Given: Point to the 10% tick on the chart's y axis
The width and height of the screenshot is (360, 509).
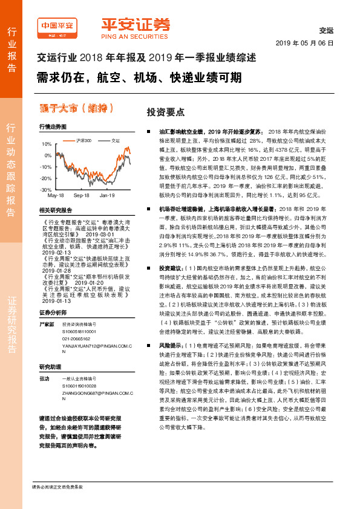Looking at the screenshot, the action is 47,144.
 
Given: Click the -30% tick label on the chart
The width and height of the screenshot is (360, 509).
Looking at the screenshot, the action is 46,190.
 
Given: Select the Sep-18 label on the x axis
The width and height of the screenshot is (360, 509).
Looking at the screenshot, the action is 82,196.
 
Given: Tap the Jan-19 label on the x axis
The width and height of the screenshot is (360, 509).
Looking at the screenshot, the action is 107,196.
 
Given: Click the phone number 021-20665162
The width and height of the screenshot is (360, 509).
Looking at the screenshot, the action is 79,339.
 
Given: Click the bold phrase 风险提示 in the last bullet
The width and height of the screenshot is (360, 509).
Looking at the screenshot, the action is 171,345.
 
